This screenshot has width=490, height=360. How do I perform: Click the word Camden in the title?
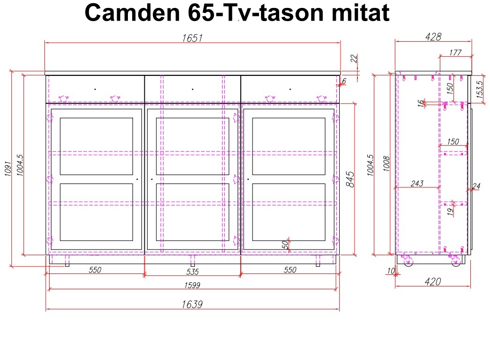click(132, 13)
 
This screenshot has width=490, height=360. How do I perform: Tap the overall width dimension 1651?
click(192, 38)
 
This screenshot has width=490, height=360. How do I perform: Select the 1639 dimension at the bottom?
click(192, 304)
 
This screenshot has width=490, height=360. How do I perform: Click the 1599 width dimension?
click(192, 285)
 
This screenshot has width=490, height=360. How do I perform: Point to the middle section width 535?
click(193, 272)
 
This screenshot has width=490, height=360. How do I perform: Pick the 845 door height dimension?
click(350, 179)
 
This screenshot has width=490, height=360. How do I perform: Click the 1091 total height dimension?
click(8, 169)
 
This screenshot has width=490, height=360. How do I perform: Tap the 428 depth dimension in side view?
click(433, 37)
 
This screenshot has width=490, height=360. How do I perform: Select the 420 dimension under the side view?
click(433, 282)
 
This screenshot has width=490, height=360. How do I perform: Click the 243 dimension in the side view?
click(417, 184)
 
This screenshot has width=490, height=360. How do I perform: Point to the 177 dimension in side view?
click(455, 52)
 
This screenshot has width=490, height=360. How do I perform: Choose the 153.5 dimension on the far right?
click(480, 89)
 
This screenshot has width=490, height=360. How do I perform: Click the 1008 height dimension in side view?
click(386, 163)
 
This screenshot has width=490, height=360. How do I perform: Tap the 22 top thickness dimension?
click(354, 59)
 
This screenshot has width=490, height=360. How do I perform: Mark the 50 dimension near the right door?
click(285, 244)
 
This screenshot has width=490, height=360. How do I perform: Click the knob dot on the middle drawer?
click(193, 89)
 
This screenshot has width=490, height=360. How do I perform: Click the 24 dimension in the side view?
click(476, 186)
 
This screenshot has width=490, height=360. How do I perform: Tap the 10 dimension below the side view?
click(391, 271)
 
